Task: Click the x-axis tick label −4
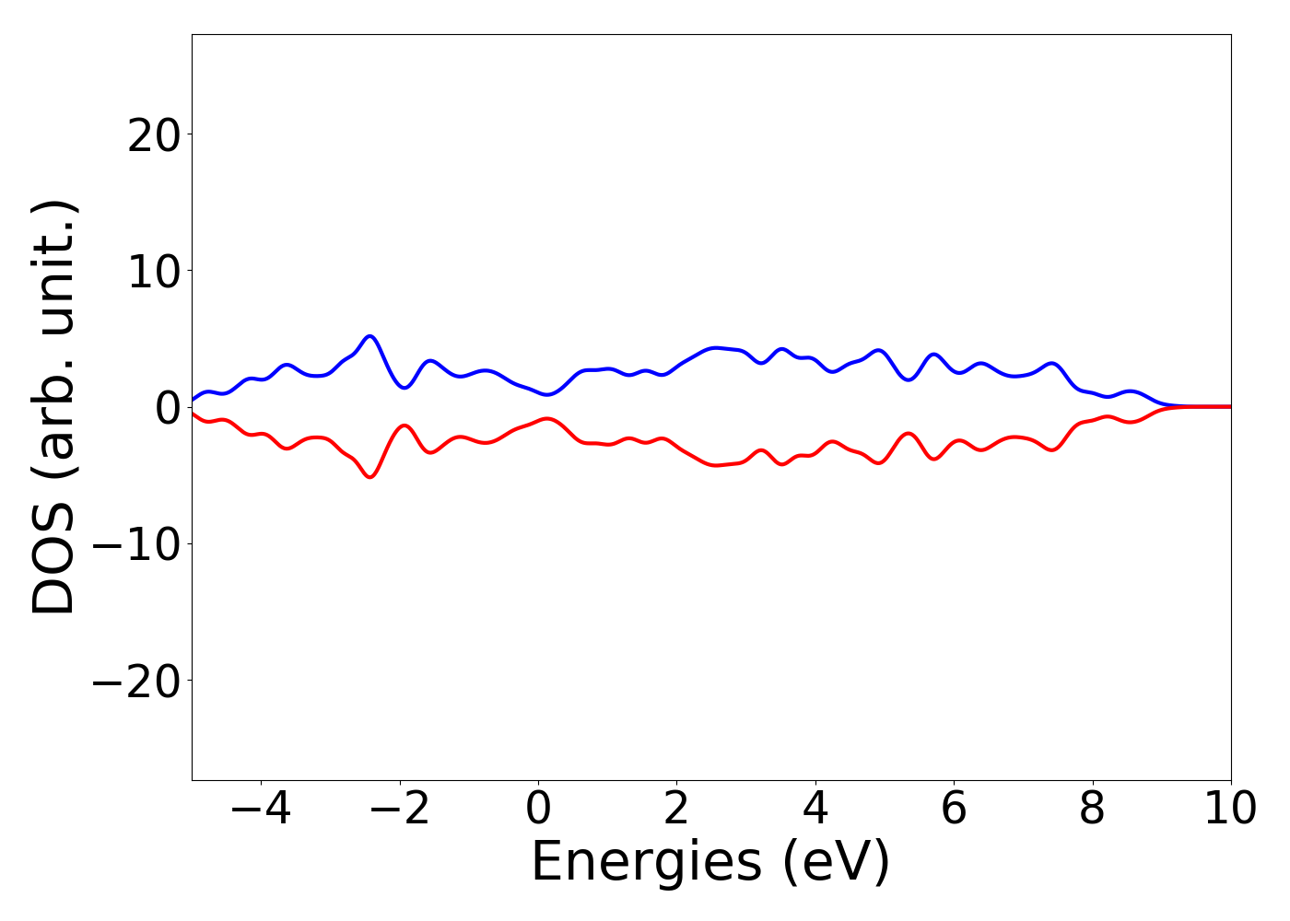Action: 261,810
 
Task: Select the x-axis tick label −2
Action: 399,810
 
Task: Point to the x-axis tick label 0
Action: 538,810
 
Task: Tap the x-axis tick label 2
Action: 676,810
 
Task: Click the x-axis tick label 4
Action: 815,810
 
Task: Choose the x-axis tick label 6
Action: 954,810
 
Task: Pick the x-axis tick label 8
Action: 1092,810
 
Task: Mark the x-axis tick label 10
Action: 1230,810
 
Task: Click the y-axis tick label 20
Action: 154,137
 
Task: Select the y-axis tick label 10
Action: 154,274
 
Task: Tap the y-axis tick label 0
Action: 167,407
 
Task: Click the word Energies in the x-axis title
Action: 646,863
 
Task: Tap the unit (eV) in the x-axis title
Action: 837,863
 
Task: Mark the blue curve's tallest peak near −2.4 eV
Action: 369,336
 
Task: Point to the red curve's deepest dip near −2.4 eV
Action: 369,477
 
